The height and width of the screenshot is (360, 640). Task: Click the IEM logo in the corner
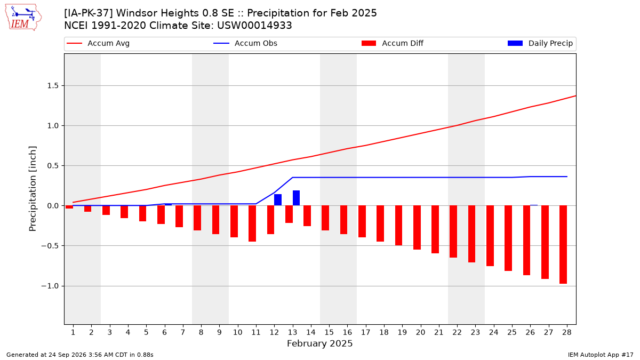coord(23,18)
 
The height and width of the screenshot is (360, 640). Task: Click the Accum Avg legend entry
coord(98,43)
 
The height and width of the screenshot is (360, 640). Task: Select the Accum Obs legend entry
coord(245,43)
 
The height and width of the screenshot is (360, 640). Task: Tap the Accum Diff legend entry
coord(393,43)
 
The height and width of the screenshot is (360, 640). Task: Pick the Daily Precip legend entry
coord(540,43)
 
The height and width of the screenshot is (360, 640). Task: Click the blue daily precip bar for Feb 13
coord(297,198)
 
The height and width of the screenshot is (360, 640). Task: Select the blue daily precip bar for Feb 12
coord(278,200)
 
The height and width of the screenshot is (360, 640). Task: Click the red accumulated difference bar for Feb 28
coord(563,245)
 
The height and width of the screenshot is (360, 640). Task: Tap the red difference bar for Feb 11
coord(252,223)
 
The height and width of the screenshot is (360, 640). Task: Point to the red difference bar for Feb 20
coord(417,227)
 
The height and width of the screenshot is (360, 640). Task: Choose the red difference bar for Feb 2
coord(87,209)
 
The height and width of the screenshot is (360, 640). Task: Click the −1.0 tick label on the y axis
coord(50,286)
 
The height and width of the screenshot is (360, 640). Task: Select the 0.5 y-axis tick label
coord(53,166)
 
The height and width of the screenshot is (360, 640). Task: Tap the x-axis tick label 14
coord(311,332)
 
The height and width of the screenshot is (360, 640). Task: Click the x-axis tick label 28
coord(567,332)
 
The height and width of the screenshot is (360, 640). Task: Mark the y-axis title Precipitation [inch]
coord(33,189)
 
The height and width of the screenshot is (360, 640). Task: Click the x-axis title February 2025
coord(319,343)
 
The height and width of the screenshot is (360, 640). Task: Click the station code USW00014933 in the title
coord(254,26)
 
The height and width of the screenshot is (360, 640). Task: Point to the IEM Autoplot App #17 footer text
coord(601,355)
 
